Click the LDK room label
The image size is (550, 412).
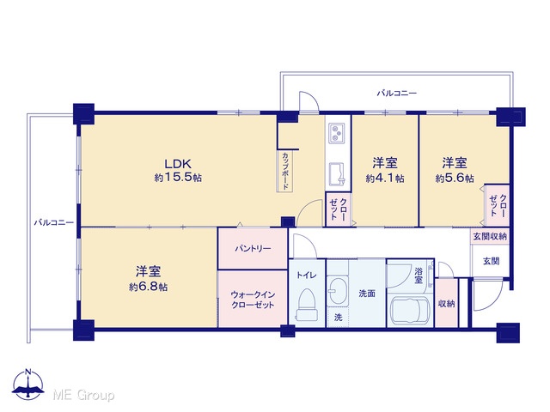[178, 164]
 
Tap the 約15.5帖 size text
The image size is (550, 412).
[178, 178]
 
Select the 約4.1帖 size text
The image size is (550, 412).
[385, 178]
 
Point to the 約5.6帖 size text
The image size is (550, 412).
[455, 178]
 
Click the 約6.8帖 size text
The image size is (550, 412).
[148, 287]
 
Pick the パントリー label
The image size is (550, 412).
[253, 249]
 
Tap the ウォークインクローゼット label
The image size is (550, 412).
[253, 300]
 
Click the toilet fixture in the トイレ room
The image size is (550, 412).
[307, 304]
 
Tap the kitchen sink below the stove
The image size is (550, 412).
[337, 174]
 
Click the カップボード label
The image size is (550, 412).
[284, 171]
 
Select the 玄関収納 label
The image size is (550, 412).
[490, 237]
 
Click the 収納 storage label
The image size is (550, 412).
[447, 303]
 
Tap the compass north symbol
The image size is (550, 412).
[28, 384]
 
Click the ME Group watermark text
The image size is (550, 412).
[83, 395]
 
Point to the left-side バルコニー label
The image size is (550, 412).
[53, 222]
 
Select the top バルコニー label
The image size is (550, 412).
[397, 94]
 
